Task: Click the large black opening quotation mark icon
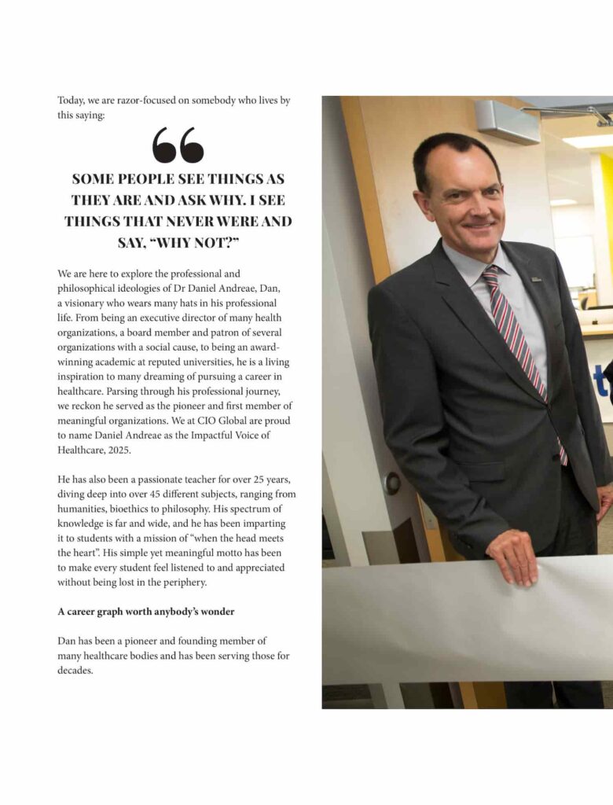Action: (178, 145)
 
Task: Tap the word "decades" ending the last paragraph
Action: (75, 671)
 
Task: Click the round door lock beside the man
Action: (391, 483)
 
